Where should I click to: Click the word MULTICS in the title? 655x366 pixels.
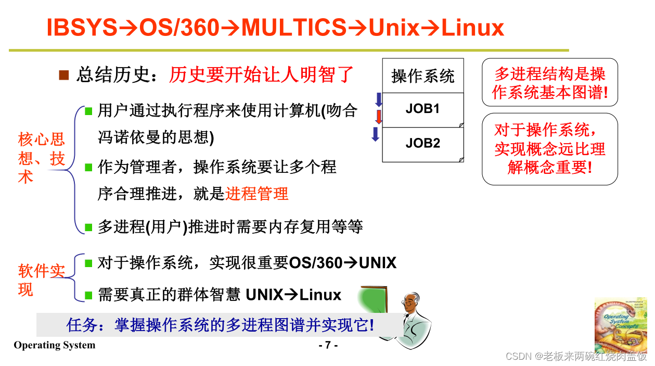pyautogui.click(x=293, y=28)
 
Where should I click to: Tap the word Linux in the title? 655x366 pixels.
pyautogui.click(x=472, y=28)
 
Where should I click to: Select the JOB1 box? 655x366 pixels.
pyautogui.click(x=422, y=109)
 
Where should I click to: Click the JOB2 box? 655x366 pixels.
pyautogui.click(x=422, y=143)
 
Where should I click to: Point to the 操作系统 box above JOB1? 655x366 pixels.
pyautogui.click(x=422, y=76)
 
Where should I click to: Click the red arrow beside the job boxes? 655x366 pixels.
pyautogui.click(x=379, y=116)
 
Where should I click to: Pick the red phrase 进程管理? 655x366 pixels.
pyautogui.click(x=256, y=194)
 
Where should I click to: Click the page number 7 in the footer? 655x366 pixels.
pyautogui.click(x=328, y=345)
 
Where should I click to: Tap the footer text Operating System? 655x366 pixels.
pyautogui.click(x=55, y=345)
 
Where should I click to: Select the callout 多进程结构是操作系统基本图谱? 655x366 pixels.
pyautogui.click(x=549, y=83)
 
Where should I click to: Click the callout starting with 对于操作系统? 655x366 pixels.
pyautogui.click(x=549, y=149)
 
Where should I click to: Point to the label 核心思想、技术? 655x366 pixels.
pyautogui.click(x=42, y=158)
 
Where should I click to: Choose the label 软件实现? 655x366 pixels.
pyautogui.click(x=42, y=280)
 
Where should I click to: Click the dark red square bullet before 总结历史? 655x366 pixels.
pyautogui.click(x=64, y=75)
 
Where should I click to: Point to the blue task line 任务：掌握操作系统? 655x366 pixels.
pyautogui.click(x=220, y=325)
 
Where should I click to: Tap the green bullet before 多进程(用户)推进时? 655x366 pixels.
pyautogui.click(x=88, y=227)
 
